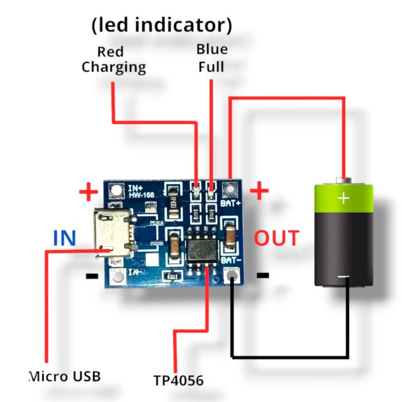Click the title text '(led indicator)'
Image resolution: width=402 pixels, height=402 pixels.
[x=161, y=25]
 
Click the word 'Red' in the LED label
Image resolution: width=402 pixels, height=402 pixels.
[x=110, y=52]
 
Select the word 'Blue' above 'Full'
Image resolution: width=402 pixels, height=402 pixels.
[x=212, y=49]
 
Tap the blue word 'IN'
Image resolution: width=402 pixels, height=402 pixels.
[x=64, y=238]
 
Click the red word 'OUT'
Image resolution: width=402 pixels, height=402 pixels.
[x=277, y=238]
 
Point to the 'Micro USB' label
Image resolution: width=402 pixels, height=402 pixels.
[x=65, y=376]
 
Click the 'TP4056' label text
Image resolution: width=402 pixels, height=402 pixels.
[x=179, y=381]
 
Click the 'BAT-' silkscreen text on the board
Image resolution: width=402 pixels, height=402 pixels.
[x=231, y=261]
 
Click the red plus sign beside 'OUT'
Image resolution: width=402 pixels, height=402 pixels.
[x=259, y=192]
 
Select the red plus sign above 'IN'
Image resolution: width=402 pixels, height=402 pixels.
[x=88, y=193]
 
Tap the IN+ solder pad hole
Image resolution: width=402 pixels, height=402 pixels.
[x=116, y=190]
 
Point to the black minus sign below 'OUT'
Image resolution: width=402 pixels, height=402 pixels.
[x=262, y=275]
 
